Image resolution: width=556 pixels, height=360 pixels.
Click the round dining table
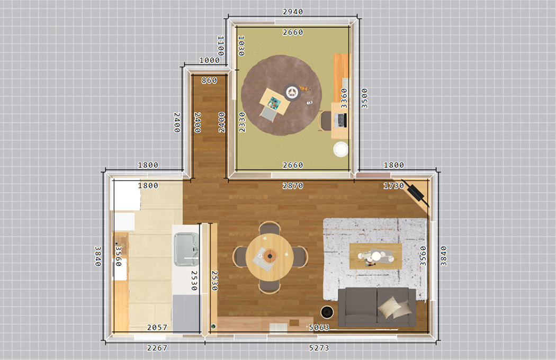click(270, 256)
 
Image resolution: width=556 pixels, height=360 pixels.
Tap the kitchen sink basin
click(186, 249)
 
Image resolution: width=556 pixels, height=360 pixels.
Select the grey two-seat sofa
click(376, 307)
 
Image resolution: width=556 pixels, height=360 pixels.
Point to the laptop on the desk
click(341, 120)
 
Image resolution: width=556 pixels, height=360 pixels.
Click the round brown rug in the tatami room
click(281, 95)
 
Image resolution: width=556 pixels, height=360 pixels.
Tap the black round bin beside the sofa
click(327, 312)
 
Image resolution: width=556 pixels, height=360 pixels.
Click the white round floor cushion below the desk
click(341, 149)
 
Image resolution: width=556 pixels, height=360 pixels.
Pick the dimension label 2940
click(292, 12)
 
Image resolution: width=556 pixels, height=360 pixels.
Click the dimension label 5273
click(319, 348)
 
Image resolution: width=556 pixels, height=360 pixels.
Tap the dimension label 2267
click(157, 348)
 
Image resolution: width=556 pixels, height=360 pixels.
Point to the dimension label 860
click(209, 80)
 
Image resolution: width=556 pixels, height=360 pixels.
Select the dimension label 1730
click(393, 185)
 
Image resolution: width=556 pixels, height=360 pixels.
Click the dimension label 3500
click(364, 98)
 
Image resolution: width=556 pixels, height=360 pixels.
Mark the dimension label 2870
click(292, 185)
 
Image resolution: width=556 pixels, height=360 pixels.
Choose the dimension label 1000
click(209, 60)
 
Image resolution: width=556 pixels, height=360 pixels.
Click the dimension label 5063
click(319, 327)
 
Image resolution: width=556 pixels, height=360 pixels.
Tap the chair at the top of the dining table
click(270, 228)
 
